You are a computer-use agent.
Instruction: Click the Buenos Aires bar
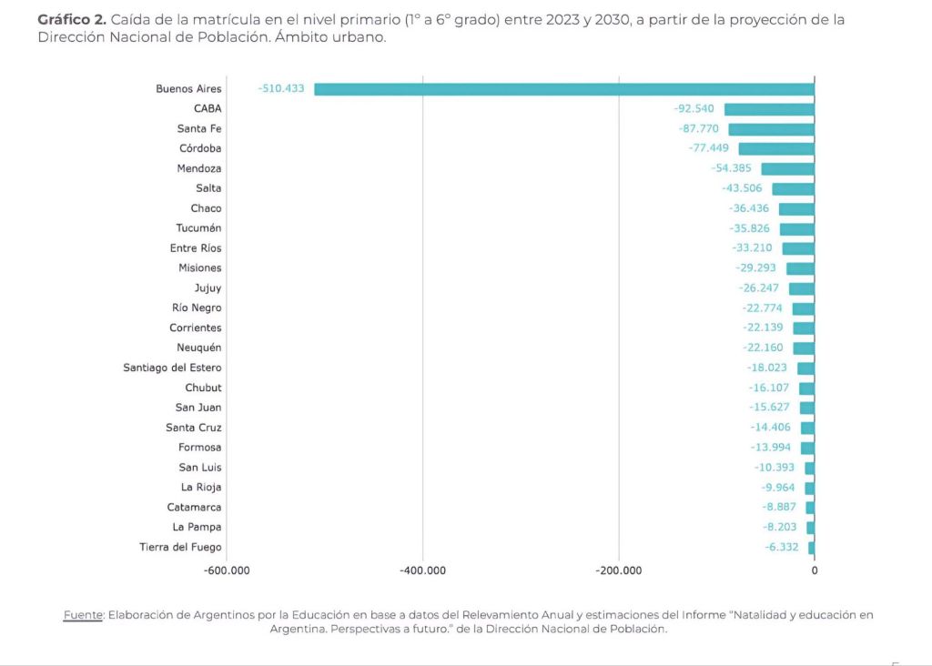[564, 89]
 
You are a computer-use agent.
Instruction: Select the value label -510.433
[280, 89]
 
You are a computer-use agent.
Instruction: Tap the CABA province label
[208, 109]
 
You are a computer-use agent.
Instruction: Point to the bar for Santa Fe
[771, 129]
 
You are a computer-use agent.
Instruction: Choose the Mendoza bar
[787, 168]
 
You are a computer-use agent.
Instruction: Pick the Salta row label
[208, 188]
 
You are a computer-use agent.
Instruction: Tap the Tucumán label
[198, 228]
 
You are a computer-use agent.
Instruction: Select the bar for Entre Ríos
[798, 248]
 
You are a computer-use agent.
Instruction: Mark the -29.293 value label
[758, 268]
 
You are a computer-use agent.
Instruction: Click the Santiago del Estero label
[172, 368]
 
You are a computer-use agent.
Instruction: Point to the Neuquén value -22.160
[762, 348]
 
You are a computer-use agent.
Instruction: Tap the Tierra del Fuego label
[180, 547]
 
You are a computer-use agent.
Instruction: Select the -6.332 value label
[782, 547]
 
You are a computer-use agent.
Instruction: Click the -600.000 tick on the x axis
[227, 571]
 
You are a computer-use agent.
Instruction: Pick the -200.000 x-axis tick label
[619, 571]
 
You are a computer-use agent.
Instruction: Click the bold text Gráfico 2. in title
[71, 19]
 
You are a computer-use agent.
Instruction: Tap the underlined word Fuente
[83, 615]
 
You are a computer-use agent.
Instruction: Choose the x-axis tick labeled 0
[815, 571]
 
